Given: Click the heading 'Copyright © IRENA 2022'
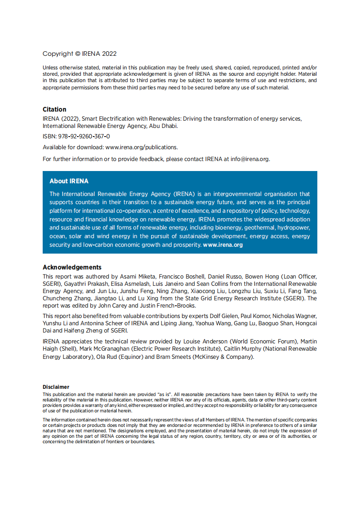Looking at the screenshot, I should point(79,54).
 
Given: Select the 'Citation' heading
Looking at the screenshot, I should point(54,109).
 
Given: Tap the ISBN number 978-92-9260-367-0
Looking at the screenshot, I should point(84,136).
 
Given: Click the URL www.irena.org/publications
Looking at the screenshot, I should point(141,147).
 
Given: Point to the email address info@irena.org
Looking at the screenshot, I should point(250,159).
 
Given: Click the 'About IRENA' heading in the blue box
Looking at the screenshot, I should point(69,181).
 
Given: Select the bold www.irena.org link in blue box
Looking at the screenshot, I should point(223,245).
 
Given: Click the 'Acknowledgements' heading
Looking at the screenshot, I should point(72,267).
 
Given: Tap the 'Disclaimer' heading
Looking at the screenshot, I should point(56,387).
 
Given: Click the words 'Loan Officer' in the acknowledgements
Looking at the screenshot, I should point(297,276).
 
